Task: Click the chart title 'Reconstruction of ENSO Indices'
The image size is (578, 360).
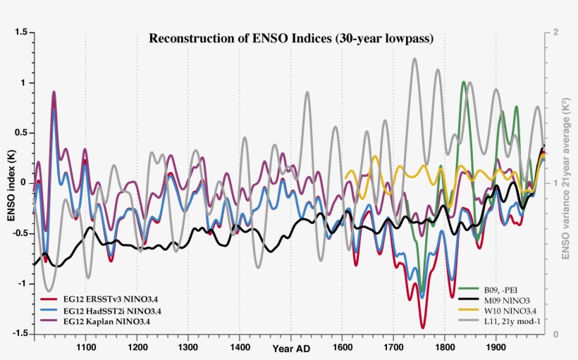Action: point(290,38)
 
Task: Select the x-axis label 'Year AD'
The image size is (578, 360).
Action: point(290,349)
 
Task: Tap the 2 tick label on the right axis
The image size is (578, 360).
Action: point(556,32)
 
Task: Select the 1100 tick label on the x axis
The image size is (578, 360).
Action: point(86,347)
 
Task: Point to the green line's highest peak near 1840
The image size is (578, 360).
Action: point(463,82)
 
